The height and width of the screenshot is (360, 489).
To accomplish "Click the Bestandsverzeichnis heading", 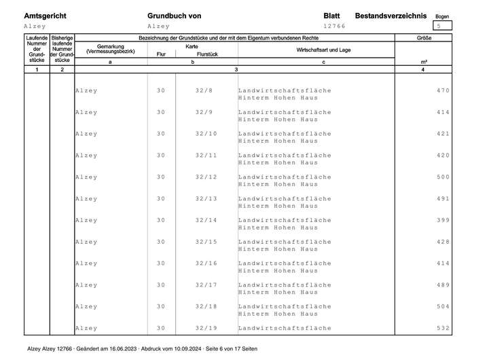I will pyautogui.click(x=391, y=15).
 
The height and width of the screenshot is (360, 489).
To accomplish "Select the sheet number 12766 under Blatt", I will pyautogui.click(x=335, y=26).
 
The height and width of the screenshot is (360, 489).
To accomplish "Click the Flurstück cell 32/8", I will pyautogui.click(x=204, y=90).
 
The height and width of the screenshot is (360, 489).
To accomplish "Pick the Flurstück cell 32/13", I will pyautogui.click(x=206, y=198).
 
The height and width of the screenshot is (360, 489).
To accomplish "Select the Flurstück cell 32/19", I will pyautogui.click(x=206, y=328).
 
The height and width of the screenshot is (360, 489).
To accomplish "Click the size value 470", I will pyautogui.click(x=443, y=90).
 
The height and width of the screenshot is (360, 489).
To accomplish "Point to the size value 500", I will pyautogui.click(x=443, y=177).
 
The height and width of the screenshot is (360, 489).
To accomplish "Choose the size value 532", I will pyautogui.click(x=443, y=328).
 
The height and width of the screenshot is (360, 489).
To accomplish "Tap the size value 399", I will pyautogui.click(x=443, y=220).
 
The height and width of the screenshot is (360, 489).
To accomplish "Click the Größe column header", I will pyautogui.click(x=424, y=38).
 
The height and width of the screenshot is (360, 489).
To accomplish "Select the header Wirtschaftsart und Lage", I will pyautogui.click(x=323, y=50).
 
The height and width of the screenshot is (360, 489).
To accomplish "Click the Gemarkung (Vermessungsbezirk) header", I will pyautogui.click(x=111, y=49).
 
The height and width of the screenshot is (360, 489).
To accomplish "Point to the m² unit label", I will pyautogui.click(x=424, y=62).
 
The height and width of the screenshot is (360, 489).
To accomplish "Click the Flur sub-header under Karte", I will pyautogui.click(x=161, y=54).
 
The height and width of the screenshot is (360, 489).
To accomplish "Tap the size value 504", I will pyautogui.click(x=443, y=306).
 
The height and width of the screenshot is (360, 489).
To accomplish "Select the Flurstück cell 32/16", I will pyautogui.click(x=206, y=263).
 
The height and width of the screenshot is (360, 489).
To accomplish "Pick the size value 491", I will pyautogui.click(x=443, y=198).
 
